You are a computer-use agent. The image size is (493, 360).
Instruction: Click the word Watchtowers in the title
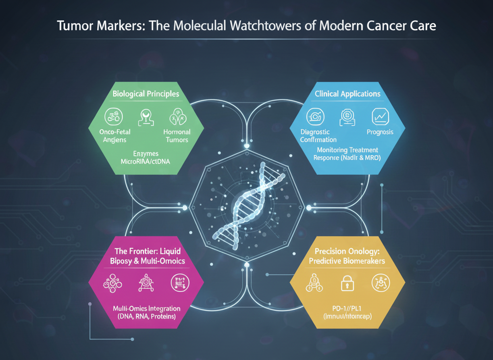250,26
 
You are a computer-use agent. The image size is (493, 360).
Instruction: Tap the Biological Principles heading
146,93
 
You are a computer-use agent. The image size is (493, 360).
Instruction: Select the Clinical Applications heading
347,93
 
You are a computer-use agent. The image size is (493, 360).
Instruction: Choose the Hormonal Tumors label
177,136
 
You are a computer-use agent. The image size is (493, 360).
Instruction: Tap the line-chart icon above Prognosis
380,116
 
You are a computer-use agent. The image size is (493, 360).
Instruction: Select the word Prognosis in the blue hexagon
380,132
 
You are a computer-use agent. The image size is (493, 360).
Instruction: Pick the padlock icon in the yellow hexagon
347,284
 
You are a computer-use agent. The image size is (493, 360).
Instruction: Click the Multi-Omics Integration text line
146,308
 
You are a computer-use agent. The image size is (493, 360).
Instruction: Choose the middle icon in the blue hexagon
348,116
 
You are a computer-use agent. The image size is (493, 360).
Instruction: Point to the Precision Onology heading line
347,251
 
